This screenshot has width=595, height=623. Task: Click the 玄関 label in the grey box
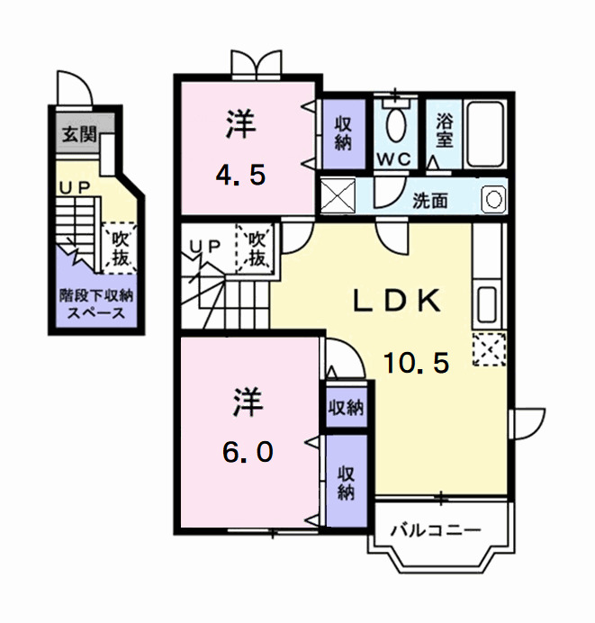[x=77, y=135]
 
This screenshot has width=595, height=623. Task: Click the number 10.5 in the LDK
[x=416, y=363]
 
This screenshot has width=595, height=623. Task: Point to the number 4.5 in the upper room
[x=240, y=174]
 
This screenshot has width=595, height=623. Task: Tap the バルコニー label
[x=436, y=529]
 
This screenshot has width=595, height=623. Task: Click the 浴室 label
[x=444, y=131]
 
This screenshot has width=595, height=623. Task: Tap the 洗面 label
[x=430, y=200]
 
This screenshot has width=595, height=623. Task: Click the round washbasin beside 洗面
[x=492, y=199]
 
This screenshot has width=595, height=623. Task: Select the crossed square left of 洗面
[x=338, y=195]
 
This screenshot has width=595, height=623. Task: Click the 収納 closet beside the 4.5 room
[x=343, y=133]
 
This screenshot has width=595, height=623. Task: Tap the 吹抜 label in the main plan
[x=257, y=249]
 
